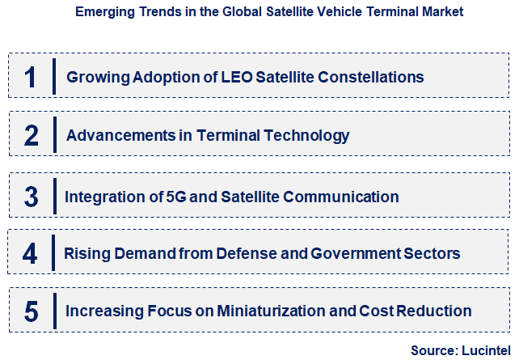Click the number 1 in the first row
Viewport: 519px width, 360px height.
(x=31, y=77)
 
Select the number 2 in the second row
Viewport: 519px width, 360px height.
(x=31, y=135)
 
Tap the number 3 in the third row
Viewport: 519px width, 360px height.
(x=31, y=197)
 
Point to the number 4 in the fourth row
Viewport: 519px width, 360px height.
(x=31, y=253)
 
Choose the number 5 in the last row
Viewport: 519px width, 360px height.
(x=31, y=311)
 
